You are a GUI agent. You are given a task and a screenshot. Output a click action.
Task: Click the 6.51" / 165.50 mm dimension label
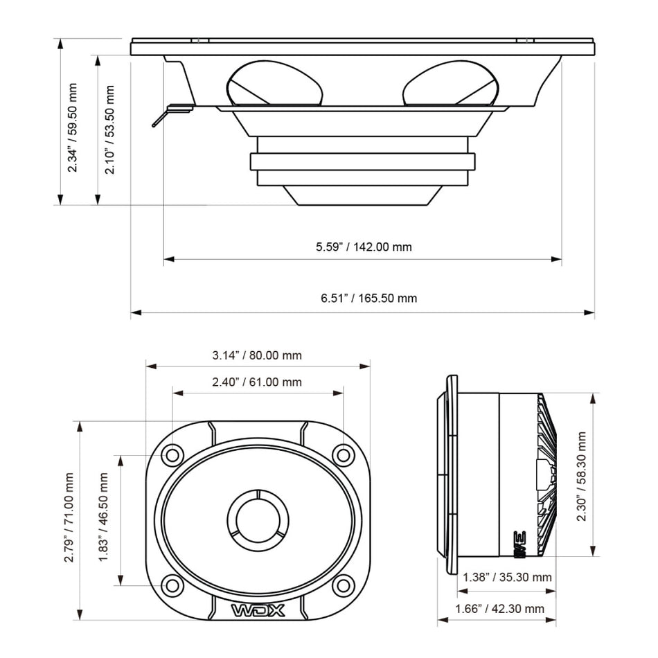368,299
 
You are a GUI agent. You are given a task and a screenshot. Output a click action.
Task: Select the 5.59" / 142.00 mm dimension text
364,247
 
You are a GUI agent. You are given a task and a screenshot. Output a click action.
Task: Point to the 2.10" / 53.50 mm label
109,130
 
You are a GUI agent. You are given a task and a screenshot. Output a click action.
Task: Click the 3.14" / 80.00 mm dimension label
257,356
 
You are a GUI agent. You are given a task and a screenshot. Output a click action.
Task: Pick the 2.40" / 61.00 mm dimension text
257,382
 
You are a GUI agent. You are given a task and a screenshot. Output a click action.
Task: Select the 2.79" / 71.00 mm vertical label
69,517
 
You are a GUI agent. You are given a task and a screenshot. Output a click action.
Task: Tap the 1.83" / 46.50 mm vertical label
104,517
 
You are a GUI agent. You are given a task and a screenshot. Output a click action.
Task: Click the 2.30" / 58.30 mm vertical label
582,476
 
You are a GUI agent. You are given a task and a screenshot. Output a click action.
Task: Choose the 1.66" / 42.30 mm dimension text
499,609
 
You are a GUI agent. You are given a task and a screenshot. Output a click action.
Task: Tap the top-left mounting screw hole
172,455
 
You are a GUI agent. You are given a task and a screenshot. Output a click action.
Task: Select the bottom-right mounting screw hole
343,585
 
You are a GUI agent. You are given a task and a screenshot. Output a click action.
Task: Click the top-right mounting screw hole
343,455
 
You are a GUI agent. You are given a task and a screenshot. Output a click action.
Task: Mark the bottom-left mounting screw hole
172,585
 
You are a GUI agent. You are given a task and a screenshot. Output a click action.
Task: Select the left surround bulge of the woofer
274,83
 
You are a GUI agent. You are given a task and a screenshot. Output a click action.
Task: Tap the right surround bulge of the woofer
450,83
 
